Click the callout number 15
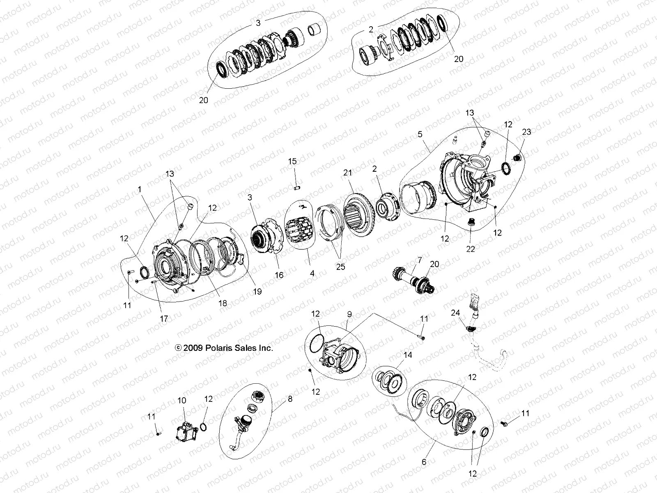click(x=292, y=162)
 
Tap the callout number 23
click(x=526, y=132)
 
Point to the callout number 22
click(x=471, y=249)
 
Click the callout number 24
click(x=455, y=313)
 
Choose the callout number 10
click(x=181, y=400)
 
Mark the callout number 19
click(x=257, y=291)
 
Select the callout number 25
click(x=340, y=267)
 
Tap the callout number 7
click(x=419, y=260)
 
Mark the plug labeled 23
click(x=518, y=157)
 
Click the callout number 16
click(x=279, y=275)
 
